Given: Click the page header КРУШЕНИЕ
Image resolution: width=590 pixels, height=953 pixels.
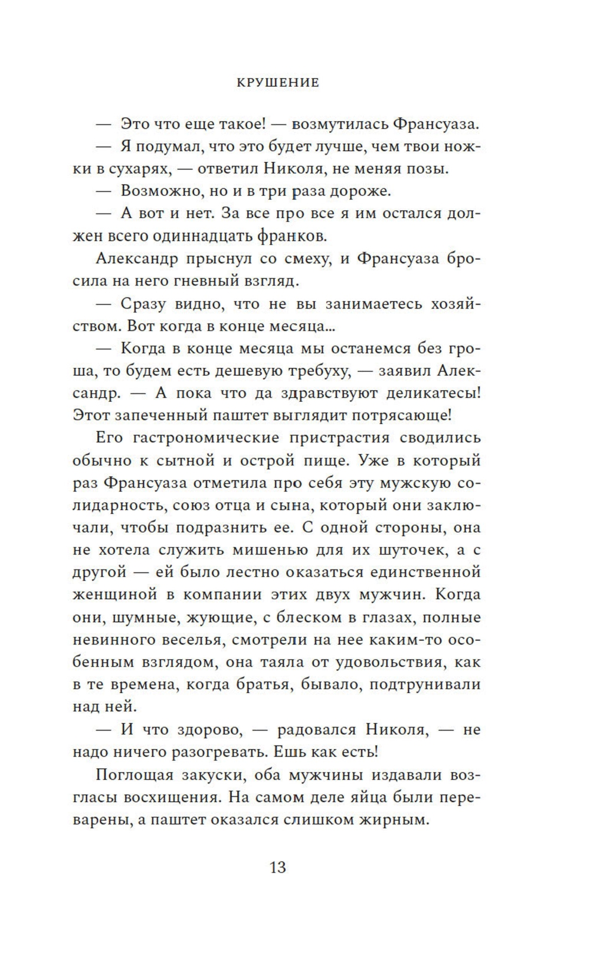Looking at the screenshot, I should coord(278,83).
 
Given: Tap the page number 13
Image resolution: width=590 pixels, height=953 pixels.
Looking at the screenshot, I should coord(278,867).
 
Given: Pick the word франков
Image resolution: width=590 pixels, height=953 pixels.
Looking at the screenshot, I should coord(292,236).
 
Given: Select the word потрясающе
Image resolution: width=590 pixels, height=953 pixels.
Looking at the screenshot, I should coord(402,415).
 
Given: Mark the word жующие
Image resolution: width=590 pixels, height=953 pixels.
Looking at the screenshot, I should coord(221,617).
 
